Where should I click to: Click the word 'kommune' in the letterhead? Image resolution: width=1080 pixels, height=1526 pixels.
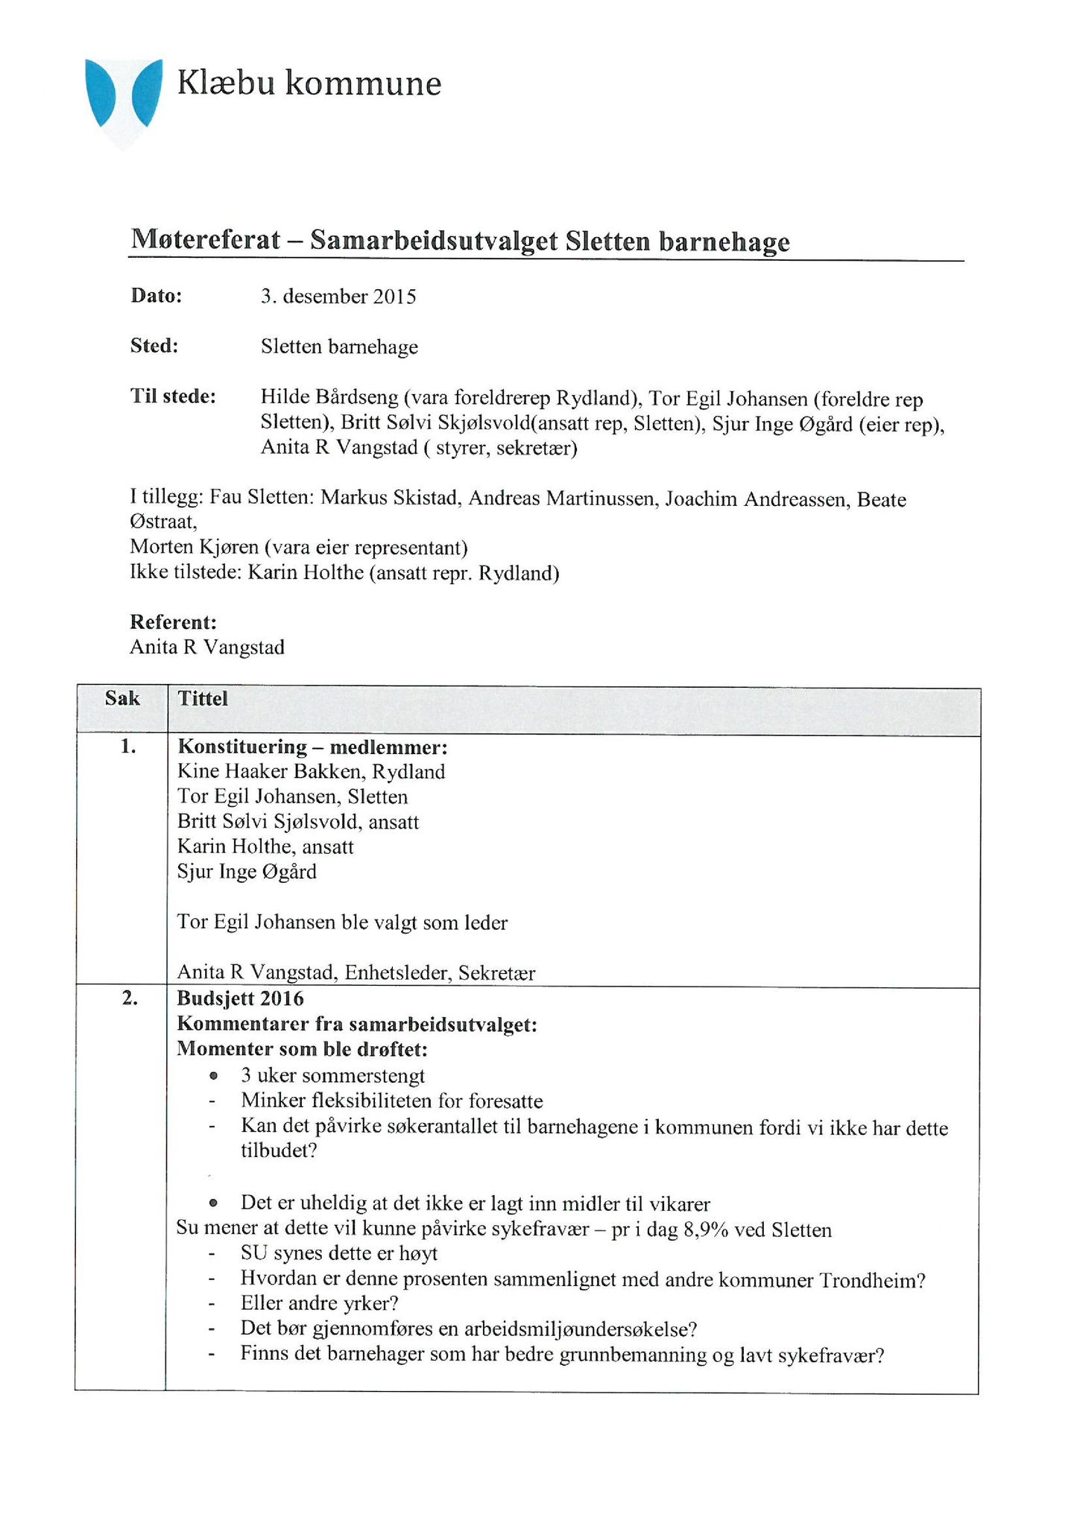(x=363, y=83)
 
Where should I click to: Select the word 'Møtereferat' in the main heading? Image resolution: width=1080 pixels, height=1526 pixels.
(x=206, y=240)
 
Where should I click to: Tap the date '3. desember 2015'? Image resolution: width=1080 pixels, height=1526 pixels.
(x=338, y=297)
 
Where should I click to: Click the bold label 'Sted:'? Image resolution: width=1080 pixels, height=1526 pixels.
(x=154, y=346)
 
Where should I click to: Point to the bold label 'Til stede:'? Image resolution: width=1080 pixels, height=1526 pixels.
(x=173, y=396)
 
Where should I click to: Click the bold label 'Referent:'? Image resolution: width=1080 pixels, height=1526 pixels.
(x=173, y=621)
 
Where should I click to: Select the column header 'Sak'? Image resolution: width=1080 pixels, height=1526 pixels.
(x=122, y=698)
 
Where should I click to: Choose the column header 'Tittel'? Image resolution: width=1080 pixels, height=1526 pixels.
(x=203, y=698)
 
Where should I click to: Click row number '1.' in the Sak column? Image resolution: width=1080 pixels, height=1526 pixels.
(x=128, y=747)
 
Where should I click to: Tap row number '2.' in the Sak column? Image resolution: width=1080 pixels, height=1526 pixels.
(x=130, y=999)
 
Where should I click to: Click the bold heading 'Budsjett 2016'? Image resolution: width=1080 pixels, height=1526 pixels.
(x=240, y=998)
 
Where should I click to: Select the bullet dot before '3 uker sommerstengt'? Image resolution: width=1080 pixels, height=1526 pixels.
(x=214, y=1076)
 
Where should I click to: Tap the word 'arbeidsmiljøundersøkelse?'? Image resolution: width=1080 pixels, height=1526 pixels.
(x=581, y=1329)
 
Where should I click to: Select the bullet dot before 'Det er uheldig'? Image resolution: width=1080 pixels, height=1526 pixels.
(x=214, y=1203)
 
